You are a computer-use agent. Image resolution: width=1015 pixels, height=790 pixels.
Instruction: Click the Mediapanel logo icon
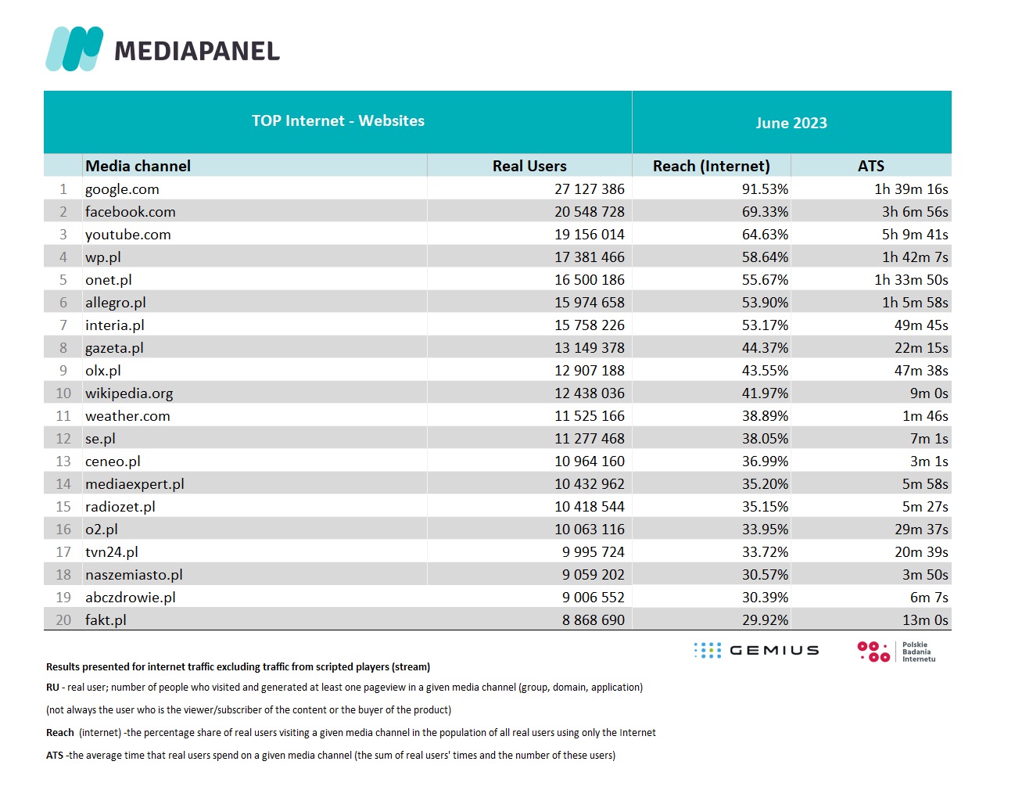(74, 48)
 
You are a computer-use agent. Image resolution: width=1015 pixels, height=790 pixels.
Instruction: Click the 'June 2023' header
(791, 123)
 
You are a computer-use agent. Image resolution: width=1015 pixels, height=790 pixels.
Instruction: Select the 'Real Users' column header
(529, 166)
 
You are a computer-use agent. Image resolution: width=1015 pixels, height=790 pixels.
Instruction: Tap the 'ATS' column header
(870, 166)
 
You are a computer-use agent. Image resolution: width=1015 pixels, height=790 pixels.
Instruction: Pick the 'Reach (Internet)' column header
(711, 166)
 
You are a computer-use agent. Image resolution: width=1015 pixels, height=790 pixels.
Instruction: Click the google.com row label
(122, 189)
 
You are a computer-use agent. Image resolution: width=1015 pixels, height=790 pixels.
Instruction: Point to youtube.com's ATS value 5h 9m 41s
(915, 235)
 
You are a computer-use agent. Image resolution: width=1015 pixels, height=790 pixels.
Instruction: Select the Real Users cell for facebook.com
(589, 212)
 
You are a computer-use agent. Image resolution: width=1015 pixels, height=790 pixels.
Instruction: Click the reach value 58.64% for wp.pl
(765, 257)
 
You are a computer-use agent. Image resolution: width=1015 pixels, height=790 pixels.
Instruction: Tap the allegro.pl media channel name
(116, 303)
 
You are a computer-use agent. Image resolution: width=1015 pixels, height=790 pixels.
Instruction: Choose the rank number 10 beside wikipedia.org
(63, 393)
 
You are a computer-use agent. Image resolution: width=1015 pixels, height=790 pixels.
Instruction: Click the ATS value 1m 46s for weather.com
(925, 416)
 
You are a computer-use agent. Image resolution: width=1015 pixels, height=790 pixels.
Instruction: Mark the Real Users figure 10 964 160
(589, 461)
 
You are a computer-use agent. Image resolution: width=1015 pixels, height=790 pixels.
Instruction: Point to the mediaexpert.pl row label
(134, 484)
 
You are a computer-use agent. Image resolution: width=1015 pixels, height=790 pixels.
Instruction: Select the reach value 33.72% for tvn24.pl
(765, 551)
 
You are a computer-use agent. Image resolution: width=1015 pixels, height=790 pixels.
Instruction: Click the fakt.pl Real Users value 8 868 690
(593, 620)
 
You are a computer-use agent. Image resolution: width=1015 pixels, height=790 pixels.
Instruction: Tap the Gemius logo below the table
(756, 650)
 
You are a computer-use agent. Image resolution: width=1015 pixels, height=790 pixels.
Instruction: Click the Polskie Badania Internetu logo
(896, 652)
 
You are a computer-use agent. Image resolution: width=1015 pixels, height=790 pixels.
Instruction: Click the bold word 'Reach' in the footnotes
(59, 733)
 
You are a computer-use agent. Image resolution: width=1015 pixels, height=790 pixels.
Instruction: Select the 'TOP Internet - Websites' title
(338, 120)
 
